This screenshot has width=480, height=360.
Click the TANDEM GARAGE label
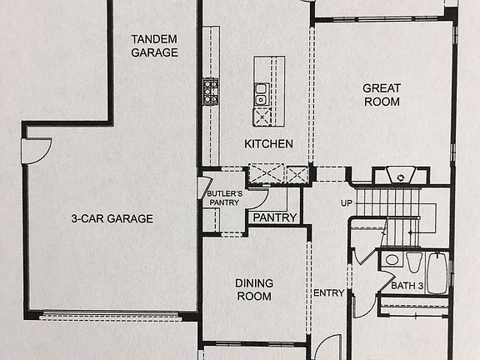pyautogui.click(x=155, y=45)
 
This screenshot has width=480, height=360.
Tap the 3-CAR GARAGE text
pyautogui.click(x=112, y=219)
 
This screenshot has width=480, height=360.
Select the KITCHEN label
pyautogui.click(x=268, y=144)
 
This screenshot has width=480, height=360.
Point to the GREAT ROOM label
pyautogui.click(x=382, y=95)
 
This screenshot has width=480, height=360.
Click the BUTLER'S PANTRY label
pyautogui.click(x=224, y=197)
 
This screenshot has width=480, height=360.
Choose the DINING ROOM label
pyautogui.click(x=255, y=289)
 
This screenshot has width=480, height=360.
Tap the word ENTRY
pyautogui.click(x=328, y=292)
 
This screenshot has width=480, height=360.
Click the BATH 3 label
pyautogui.click(x=408, y=287)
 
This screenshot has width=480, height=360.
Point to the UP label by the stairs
pyautogui.click(x=347, y=202)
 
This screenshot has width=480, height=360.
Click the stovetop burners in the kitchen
pyautogui.click(x=210, y=90)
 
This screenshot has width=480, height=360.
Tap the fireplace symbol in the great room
pyautogui.click(x=401, y=176)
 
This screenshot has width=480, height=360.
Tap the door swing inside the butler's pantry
pyautogui.click(x=257, y=197)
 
